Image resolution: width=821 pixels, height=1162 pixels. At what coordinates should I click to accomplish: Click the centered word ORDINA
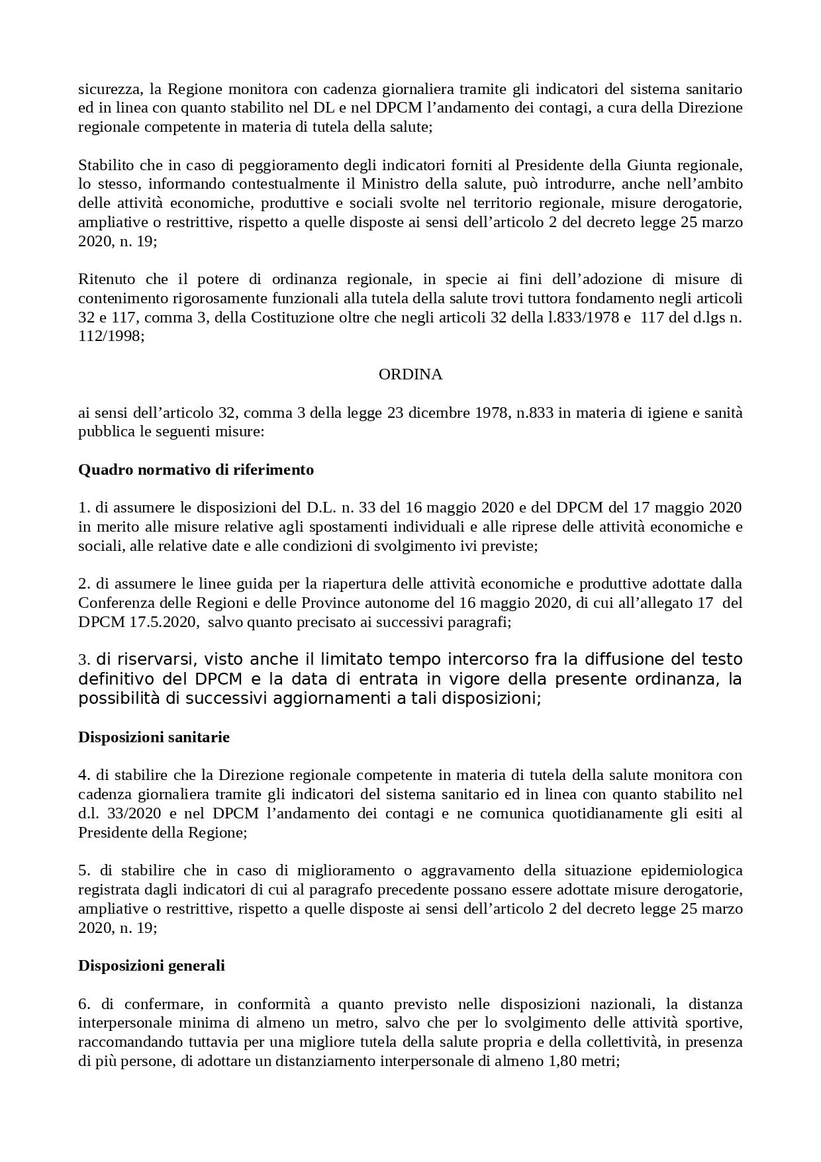pos(410,375)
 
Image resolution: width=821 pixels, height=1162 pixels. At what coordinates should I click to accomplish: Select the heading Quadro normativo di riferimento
pos(196,470)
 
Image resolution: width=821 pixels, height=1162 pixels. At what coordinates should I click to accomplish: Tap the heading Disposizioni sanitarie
pos(154,737)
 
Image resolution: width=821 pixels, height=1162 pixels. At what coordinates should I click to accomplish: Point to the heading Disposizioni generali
pos(152,966)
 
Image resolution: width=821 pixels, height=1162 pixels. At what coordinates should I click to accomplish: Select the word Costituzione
pos(291,317)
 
